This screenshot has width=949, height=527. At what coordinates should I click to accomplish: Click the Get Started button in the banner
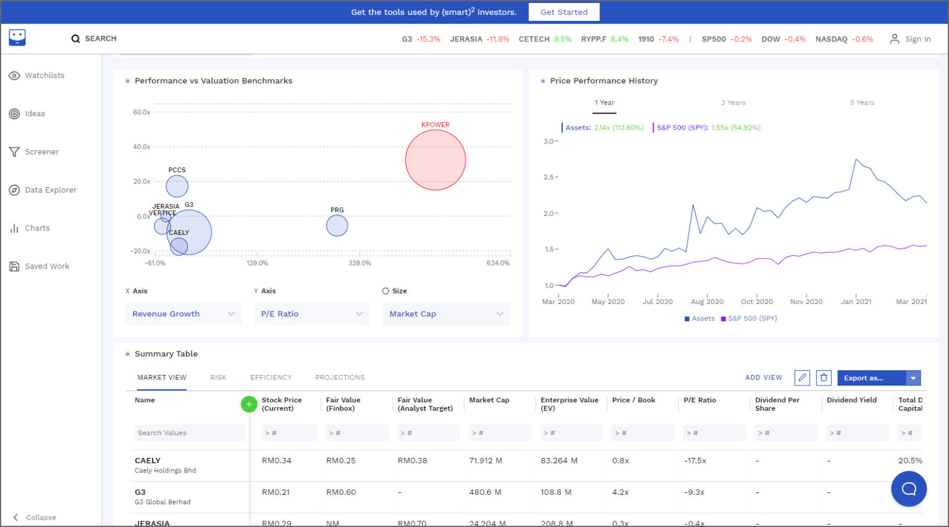[563, 12]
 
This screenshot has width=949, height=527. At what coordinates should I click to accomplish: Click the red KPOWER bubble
[436, 160]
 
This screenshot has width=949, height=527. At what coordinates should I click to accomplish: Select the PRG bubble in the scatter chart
[337, 226]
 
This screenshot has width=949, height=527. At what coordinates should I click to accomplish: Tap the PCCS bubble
[177, 186]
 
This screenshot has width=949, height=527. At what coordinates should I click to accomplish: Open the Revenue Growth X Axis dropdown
[183, 314]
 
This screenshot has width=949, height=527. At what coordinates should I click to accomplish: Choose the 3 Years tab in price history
[733, 103]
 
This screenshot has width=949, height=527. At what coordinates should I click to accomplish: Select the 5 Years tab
[862, 103]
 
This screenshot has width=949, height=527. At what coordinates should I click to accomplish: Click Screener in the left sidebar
[41, 152]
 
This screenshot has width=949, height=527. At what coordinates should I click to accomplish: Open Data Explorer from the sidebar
[51, 190]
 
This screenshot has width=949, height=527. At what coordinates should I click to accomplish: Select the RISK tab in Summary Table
[218, 377]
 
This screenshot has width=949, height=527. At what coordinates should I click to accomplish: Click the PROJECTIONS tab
[340, 377]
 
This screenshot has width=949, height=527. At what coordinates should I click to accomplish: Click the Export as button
[871, 378]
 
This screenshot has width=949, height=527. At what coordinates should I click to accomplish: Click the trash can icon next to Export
[823, 378]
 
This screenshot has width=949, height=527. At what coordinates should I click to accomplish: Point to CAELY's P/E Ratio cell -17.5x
[695, 461]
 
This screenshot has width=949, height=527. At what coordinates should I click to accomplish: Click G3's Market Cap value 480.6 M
[485, 492]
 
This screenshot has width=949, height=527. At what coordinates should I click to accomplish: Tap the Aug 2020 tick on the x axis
[707, 301]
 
